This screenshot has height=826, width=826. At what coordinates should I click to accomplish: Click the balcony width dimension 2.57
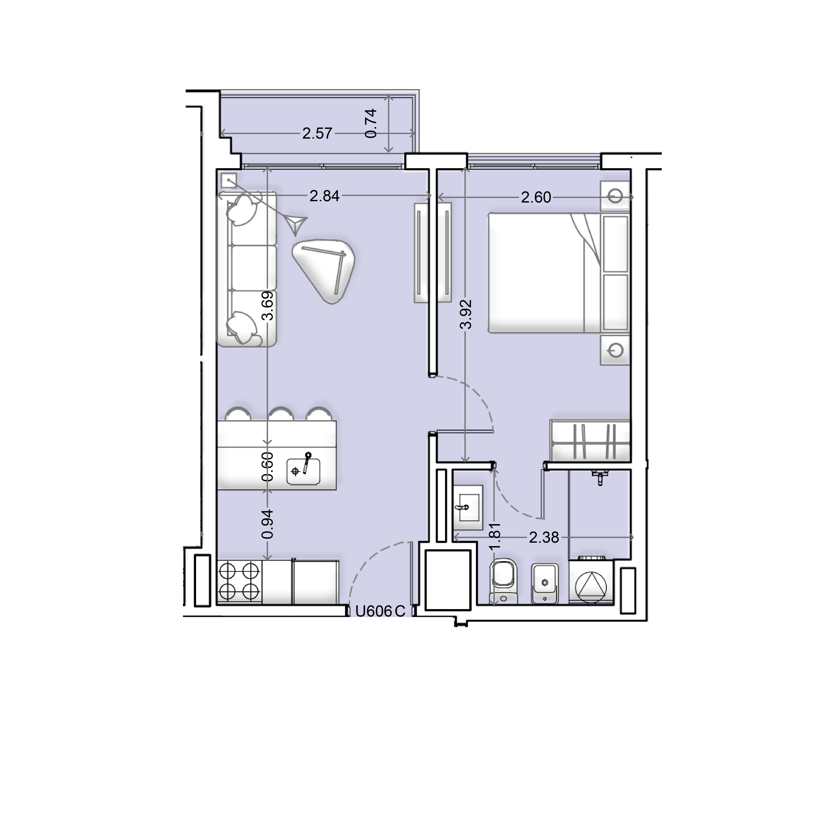tap(317, 133)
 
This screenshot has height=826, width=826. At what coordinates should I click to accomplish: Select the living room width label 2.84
tap(324, 196)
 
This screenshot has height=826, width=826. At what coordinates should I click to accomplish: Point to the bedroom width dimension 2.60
tap(536, 198)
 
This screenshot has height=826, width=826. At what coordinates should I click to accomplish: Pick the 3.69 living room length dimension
tap(268, 306)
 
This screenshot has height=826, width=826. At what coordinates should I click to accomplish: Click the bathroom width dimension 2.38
tap(544, 537)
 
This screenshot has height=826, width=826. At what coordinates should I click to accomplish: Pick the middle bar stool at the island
tap(281, 414)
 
